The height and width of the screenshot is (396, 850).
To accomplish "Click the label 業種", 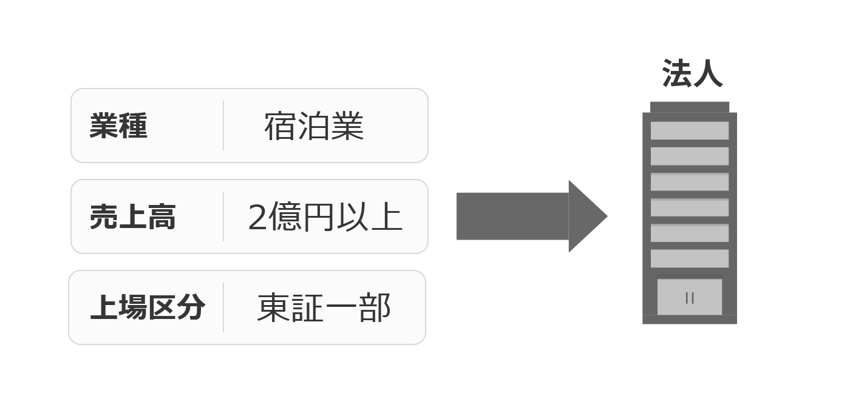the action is (118, 126).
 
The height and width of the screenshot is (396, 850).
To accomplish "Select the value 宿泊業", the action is (314, 126).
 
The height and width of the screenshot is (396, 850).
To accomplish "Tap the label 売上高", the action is (132, 216).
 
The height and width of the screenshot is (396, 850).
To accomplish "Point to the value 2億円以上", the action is (325, 216).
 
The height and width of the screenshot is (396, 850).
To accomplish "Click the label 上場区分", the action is (148, 307).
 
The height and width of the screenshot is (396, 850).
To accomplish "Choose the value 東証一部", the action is (324, 307).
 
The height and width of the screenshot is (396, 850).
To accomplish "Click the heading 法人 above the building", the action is (692, 73).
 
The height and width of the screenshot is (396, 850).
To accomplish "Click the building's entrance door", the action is (690, 297).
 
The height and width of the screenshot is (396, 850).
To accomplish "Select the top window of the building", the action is (690, 130).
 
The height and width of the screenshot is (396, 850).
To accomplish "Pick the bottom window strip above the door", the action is (690, 258).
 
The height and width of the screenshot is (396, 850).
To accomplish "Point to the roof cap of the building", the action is (690, 107).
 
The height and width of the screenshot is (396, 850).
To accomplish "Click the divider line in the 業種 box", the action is (223, 126).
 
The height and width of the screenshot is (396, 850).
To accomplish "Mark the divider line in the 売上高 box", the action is (223, 216).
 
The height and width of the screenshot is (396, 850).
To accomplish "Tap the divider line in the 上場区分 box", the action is (223, 307).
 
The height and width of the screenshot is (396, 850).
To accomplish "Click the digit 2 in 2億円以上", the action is (257, 217).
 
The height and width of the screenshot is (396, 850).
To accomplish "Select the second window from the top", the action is (690, 156).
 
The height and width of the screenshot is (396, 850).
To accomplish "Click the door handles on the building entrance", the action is (690, 298).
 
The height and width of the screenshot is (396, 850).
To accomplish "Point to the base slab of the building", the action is (690, 320).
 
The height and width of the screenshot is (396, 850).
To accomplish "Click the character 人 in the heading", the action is (708, 73).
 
